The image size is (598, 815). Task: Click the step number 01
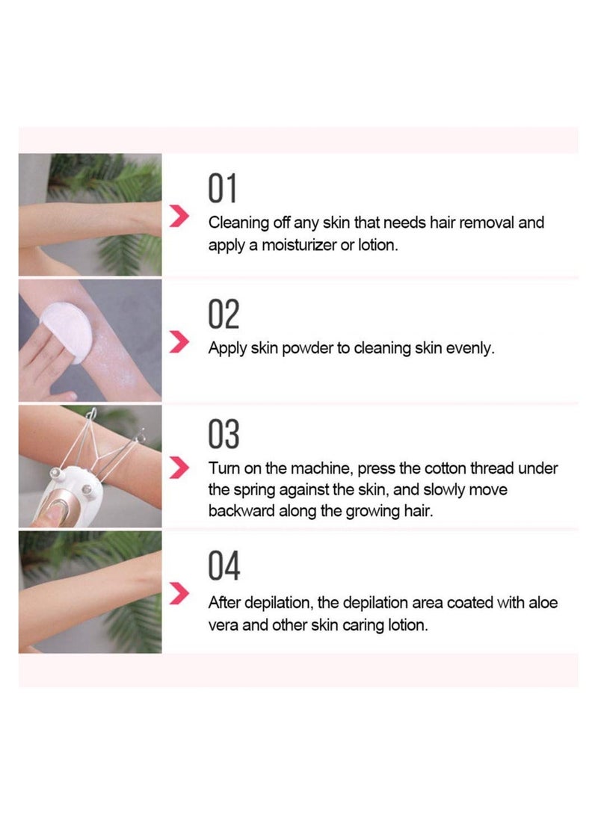222,188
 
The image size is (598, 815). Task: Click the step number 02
224,314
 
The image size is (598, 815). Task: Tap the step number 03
224,435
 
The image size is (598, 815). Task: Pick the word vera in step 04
224,625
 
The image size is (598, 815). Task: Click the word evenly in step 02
472,349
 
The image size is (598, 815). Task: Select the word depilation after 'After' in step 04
278,603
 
